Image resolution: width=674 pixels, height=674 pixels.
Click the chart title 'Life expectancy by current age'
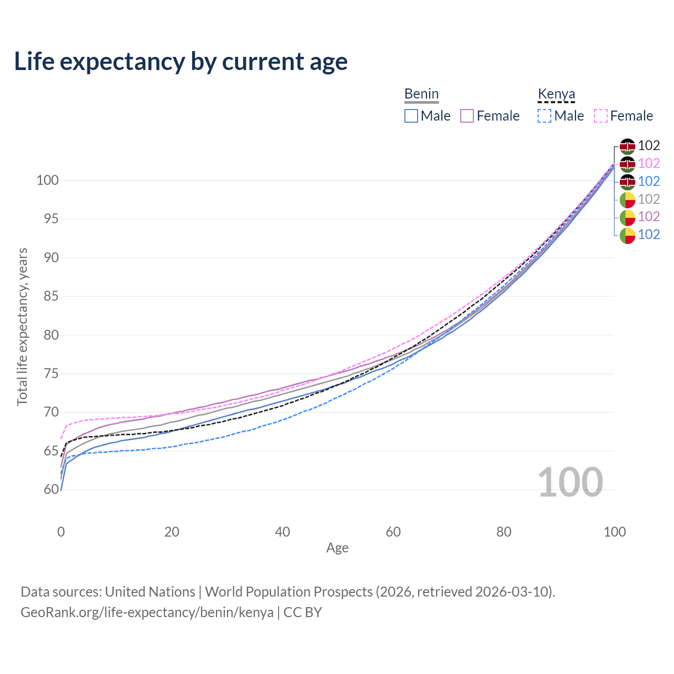pyautogui.click(x=181, y=62)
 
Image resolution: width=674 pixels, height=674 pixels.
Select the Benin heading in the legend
pyautogui.click(x=421, y=94)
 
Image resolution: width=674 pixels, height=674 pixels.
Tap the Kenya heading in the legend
pyautogui.click(x=556, y=94)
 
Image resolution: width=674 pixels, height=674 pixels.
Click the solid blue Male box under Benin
pyautogui.click(x=411, y=116)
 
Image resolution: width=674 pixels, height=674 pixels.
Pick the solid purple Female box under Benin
pyautogui.click(x=467, y=116)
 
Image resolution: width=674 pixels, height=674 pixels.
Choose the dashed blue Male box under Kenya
pyautogui.click(x=544, y=116)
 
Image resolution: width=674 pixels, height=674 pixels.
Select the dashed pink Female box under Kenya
pyautogui.click(x=601, y=116)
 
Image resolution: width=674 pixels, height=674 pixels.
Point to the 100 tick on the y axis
pyautogui.click(x=47, y=181)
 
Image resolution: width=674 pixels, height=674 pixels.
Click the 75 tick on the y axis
pyautogui.click(x=51, y=373)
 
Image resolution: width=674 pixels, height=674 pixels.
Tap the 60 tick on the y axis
pyautogui.click(x=51, y=489)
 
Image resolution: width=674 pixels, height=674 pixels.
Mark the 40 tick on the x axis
pyautogui.click(x=282, y=532)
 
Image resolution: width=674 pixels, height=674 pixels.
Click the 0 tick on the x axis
pyautogui.click(x=61, y=532)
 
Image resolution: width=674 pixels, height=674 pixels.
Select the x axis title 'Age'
pyautogui.click(x=337, y=548)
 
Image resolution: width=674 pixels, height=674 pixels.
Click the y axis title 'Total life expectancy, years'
pyautogui.click(x=23, y=327)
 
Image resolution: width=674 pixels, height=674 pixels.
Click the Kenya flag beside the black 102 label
pyautogui.click(x=627, y=146)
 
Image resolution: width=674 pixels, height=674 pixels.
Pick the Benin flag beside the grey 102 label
pyautogui.click(x=627, y=200)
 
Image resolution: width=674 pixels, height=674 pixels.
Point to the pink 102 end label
pyautogui.click(x=649, y=163)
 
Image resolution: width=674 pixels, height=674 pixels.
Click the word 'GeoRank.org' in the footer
pyautogui.click(x=61, y=612)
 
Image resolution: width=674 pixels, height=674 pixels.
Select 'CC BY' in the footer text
pyautogui.click(x=303, y=612)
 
